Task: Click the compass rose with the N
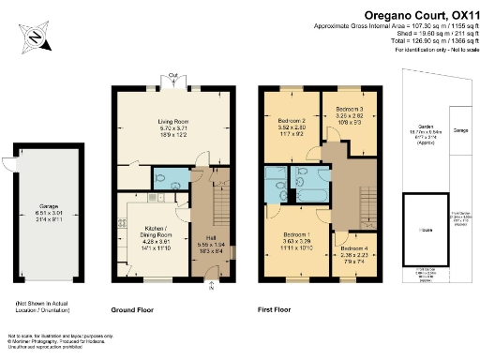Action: click(x=35, y=37)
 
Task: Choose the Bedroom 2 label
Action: click(x=292, y=127)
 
